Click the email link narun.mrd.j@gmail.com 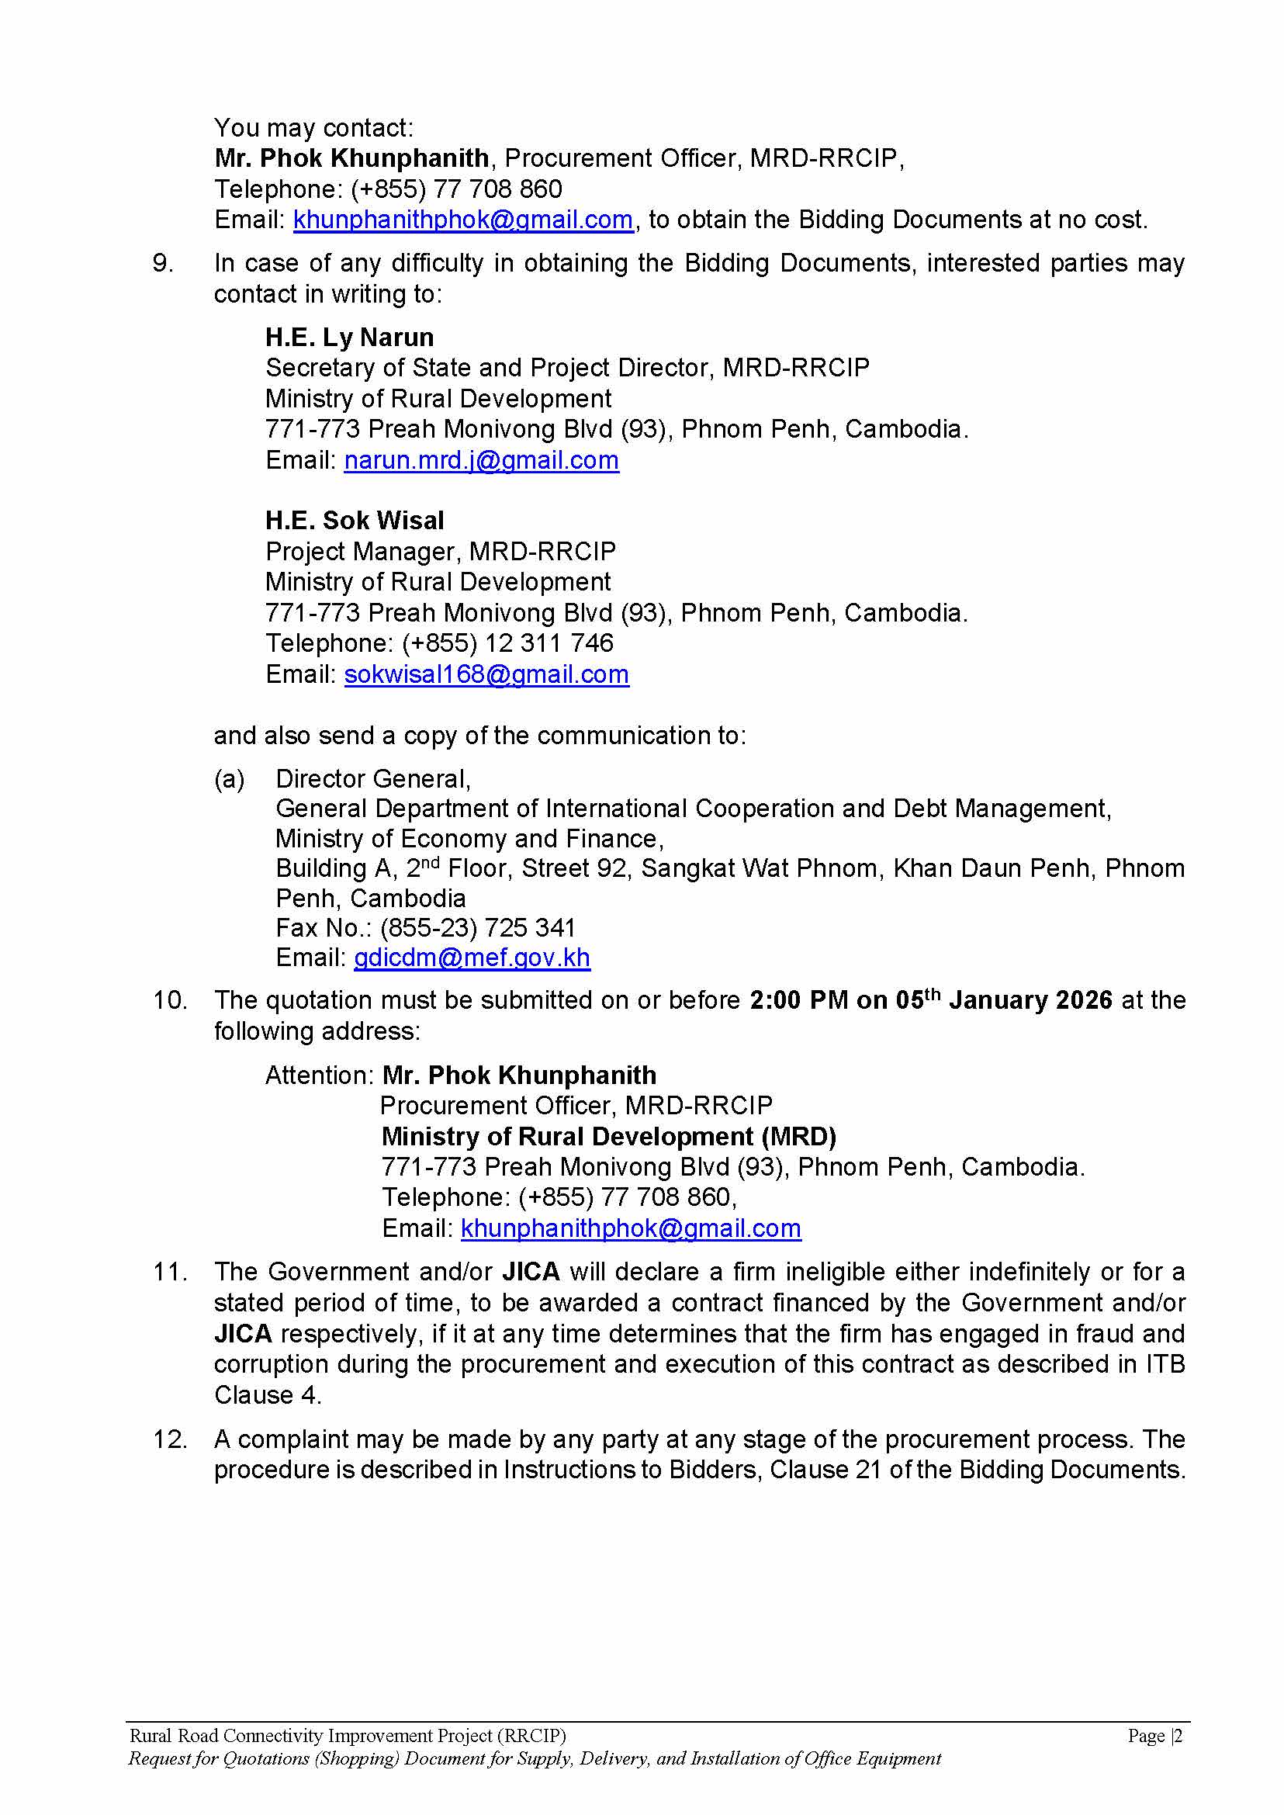coord(481,460)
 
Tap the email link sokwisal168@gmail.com coord(486,674)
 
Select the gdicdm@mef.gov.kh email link coord(471,958)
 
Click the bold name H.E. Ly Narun coord(349,338)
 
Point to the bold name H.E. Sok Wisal coord(355,521)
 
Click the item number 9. coord(163,263)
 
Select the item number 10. coord(170,1000)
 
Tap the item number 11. coord(170,1272)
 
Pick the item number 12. coord(170,1439)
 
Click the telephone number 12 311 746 coord(549,643)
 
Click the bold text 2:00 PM coord(798,1000)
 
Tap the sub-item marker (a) coord(230,779)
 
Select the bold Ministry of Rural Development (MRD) coord(608,1137)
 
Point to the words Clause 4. coord(266,1395)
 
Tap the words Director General coord(372,779)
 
